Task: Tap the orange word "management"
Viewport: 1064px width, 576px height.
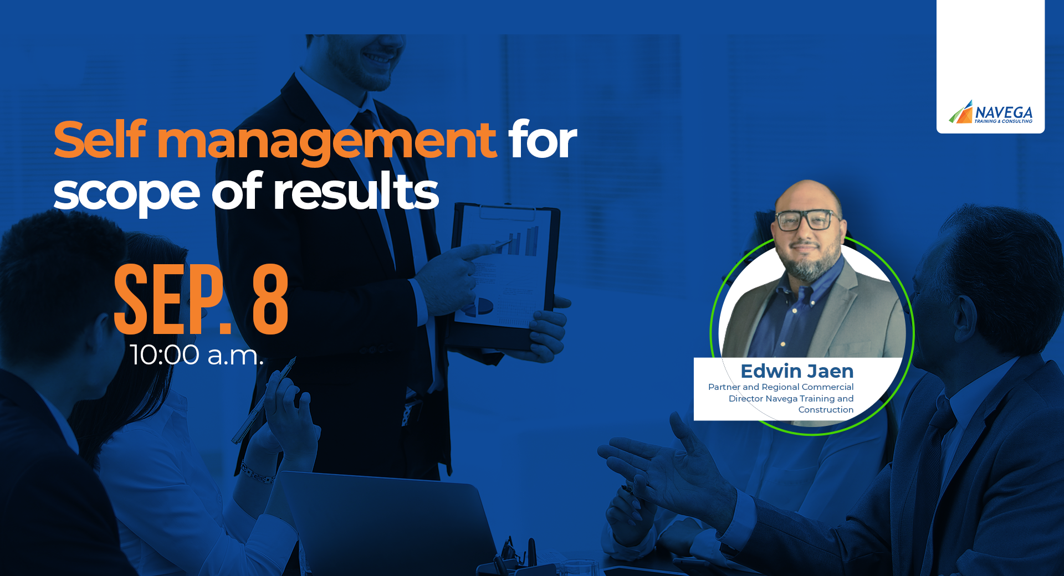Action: click(x=327, y=143)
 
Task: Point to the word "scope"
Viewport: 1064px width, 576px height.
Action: click(x=126, y=196)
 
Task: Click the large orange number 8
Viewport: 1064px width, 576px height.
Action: click(x=270, y=299)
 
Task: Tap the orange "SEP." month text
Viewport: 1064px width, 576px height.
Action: click(x=172, y=299)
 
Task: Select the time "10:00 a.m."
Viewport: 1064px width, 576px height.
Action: click(x=197, y=354)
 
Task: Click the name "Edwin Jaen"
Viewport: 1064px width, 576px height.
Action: click(x=797, y=371)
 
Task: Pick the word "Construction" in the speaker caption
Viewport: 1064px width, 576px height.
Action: click(x=826, y=410)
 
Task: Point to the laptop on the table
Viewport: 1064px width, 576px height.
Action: click(x=388, y=521)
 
